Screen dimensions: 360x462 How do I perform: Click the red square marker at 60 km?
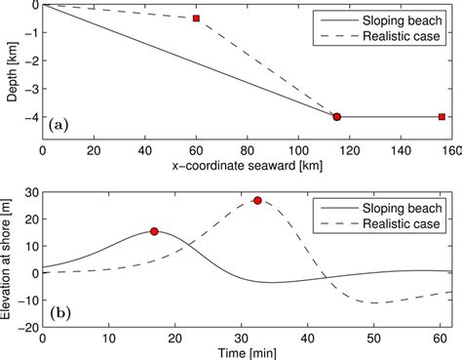point(196,19)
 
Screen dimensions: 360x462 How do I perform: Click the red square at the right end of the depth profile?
point(442,117)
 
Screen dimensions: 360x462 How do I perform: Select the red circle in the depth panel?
point(337,117)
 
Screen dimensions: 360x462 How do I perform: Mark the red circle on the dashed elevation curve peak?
point(257,201)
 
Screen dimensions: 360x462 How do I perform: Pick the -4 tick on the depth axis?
point(29,117)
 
